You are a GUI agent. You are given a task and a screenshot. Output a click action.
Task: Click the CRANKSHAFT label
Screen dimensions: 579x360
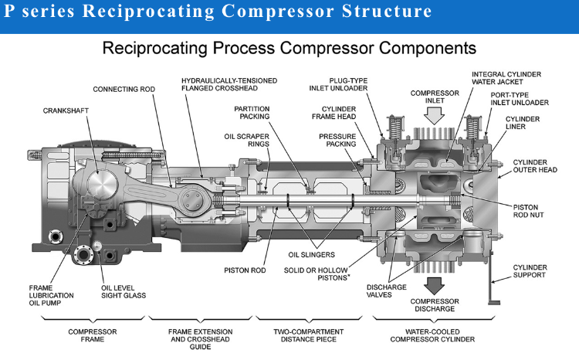point(66,110)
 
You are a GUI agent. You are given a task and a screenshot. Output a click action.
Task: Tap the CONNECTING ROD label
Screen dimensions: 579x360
point(124,89)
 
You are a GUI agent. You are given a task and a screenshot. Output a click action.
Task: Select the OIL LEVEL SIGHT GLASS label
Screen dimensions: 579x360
point(124,291)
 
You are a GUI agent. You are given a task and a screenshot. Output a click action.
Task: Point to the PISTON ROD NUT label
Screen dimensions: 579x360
point(528,211)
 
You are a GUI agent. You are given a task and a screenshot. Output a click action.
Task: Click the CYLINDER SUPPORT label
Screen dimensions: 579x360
point(530,271)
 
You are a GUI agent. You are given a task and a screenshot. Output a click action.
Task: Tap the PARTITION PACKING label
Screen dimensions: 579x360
point(252,113)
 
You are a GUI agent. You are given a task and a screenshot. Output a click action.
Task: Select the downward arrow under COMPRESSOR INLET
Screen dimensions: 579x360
point(434,116)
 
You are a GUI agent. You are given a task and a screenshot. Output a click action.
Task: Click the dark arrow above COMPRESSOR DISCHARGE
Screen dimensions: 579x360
point(434,285)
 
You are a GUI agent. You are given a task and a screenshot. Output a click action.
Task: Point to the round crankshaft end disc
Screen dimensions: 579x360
point(102,185)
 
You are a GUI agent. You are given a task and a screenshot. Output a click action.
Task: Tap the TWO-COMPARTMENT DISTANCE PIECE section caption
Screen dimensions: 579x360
point(308,335)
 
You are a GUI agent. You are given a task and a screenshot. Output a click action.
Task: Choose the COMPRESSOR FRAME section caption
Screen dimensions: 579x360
point(93,335)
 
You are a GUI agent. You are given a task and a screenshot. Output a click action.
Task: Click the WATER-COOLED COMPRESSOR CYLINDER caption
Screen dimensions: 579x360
point(432,335)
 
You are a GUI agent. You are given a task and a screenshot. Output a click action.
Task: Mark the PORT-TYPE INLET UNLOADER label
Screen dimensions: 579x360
point(520,99)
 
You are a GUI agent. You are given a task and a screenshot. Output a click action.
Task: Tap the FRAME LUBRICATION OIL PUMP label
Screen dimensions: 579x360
point(51,295)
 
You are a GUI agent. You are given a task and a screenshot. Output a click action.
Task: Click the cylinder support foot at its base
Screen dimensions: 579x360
point(494,303)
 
